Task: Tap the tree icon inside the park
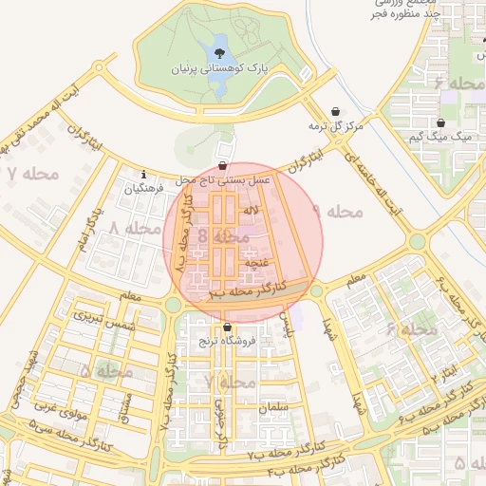coord(219,52)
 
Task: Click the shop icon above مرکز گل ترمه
coord(334,111)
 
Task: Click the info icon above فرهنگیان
coord(142,175)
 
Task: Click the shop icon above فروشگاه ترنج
coord(226,327)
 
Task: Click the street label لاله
coord(251,209)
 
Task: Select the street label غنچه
coord(256,258)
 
